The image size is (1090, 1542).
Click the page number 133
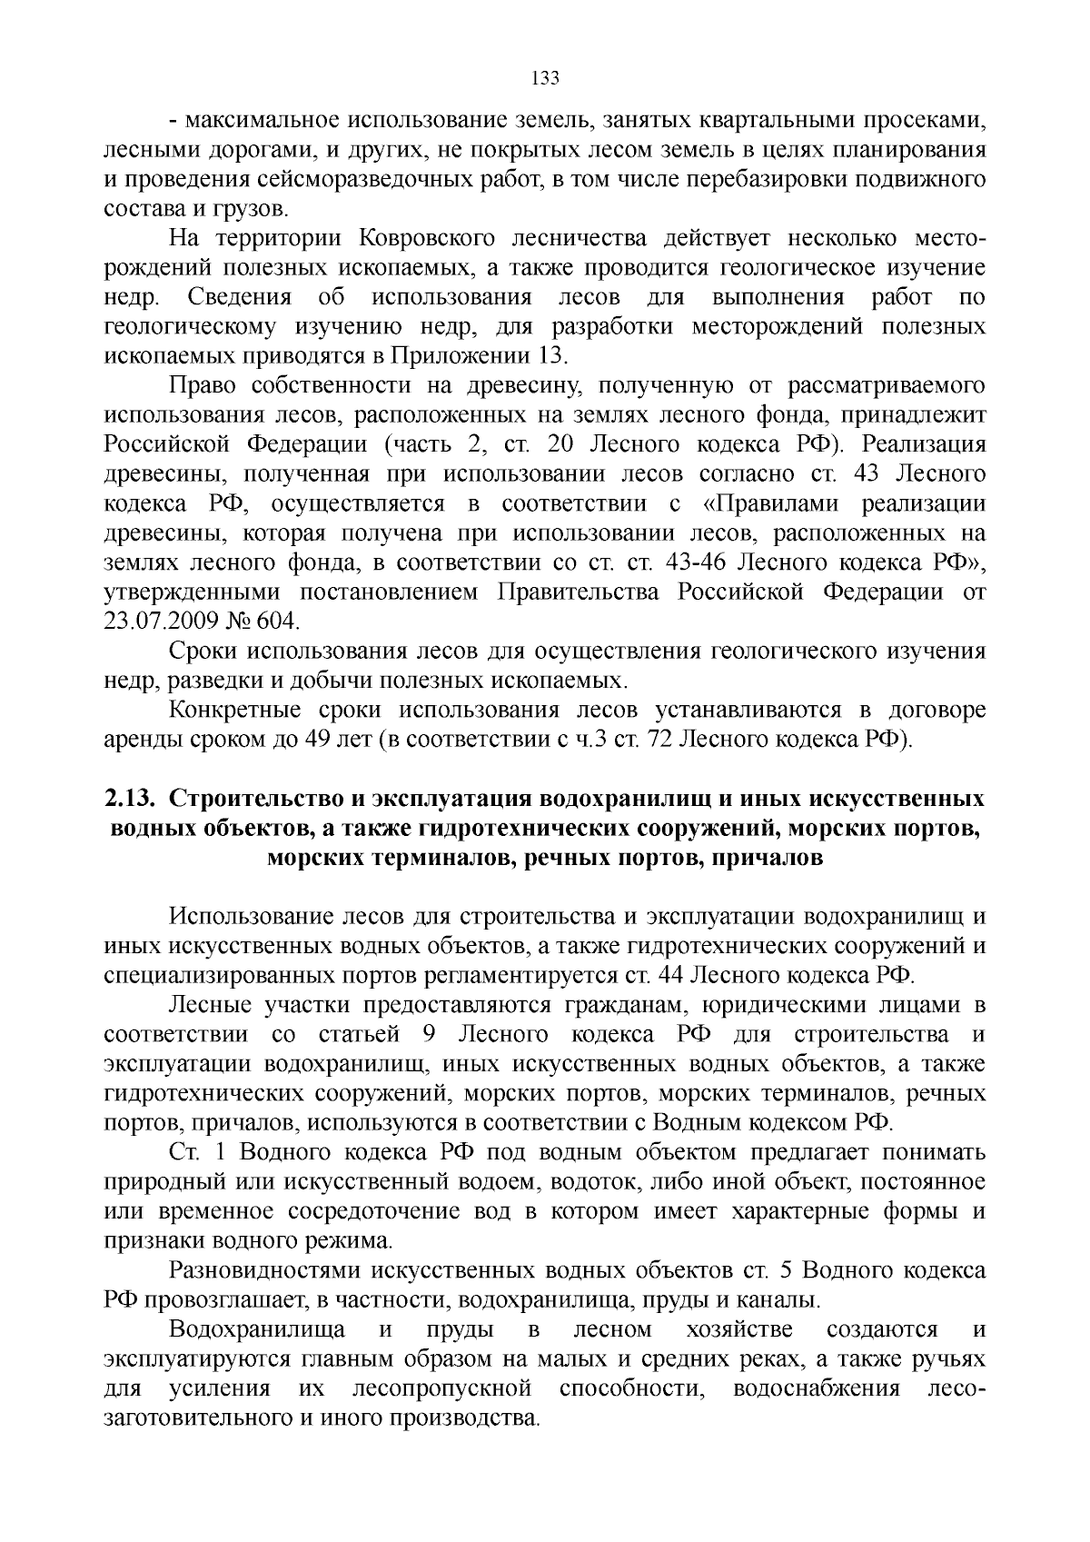pos(544,78)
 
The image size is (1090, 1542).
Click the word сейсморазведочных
pos(378,180)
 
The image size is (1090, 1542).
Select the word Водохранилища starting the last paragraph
pos(257,1329)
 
